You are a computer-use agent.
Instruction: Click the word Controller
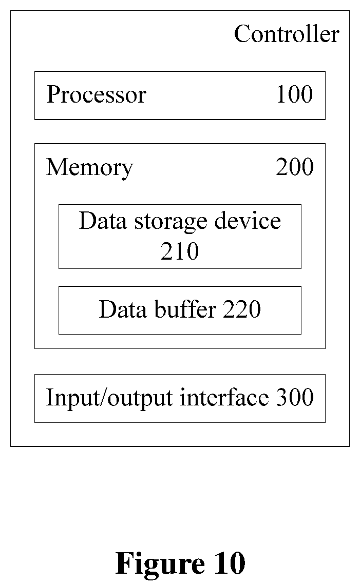coord(287,34)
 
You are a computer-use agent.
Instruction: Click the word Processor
coord(97,94)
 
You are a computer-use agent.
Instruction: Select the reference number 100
coord(294,94)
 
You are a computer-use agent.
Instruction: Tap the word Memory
coord(89,168)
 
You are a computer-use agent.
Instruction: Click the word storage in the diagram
coord(170,222)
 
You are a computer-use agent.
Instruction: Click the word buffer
coord(185,309)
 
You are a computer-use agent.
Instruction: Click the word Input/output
coord(109,398)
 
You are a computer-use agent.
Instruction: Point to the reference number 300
coord(295,397)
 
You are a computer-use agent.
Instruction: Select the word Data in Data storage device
coord(103,221)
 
